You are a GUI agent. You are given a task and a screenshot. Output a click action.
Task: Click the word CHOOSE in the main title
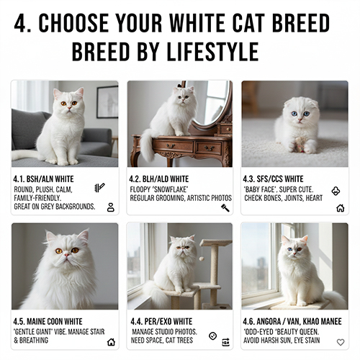pyautogui.click(x=73, y=23)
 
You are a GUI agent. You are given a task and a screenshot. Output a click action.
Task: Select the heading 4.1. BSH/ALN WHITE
pyautogui.click(x=43, y=179)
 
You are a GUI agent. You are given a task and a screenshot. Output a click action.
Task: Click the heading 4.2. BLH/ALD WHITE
pyautogui.click(x=159, y=179)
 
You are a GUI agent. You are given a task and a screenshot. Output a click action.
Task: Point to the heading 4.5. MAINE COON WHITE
pyautogui.click(x=48, y=321)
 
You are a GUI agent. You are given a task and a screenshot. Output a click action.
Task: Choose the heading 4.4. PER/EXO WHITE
pyautogui.click(x=161, y=321)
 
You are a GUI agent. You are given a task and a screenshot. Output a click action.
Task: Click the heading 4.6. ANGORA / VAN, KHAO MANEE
pyautogui.click(x=292, y=321)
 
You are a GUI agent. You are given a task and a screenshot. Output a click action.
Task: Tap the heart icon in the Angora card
pyautogui.click(x=341, y=342)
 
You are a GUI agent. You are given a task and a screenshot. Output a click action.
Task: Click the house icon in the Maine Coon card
pyautogui.click(x=111, y=342)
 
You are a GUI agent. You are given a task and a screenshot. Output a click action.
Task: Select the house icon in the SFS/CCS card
pyautogui.click(x=341, y=208)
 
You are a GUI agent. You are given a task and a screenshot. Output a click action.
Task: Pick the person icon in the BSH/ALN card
pyautogui.click(x=111, y=207)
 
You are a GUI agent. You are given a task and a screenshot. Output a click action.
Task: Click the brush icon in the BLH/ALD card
pyautogui.click(x=225, y=208)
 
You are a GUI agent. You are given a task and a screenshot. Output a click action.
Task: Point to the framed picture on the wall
pyautogui.click(x=107, y=102)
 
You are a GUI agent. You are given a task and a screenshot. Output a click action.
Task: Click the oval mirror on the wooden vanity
pyautogui.click(x=208, y=104)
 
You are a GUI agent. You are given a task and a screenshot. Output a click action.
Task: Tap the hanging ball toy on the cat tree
pyautogui.click(x=202, y=258)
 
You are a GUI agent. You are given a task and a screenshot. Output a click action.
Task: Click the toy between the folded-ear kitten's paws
pyautogui.click(x=299, y=144)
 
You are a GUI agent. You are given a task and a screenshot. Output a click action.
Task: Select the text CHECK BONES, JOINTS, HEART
pyautogui.click(x=284, y=198)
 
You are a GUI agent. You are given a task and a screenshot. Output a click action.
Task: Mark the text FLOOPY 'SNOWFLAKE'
pyautogui.click(x=159, y=189)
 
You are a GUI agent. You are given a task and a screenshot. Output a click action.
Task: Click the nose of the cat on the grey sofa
pyautogui.click(x=69, y=108)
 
